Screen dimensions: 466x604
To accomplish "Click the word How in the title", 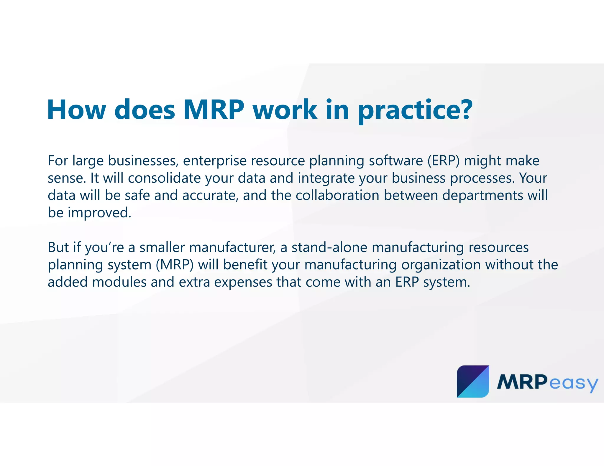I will click(76, 110).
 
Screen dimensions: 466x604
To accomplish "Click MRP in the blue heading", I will click(214, 110).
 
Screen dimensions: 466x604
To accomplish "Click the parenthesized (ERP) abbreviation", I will click(443, 161).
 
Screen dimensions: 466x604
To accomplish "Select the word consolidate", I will click(164, 178).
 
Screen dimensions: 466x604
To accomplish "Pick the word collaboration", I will click(337, 195).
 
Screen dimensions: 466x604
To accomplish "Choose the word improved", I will click(99, 213).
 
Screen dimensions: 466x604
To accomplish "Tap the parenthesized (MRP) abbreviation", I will click(175, 265).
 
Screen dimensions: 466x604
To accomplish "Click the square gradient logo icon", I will click(473, 381).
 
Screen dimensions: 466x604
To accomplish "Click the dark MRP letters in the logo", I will click(522, 382).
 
